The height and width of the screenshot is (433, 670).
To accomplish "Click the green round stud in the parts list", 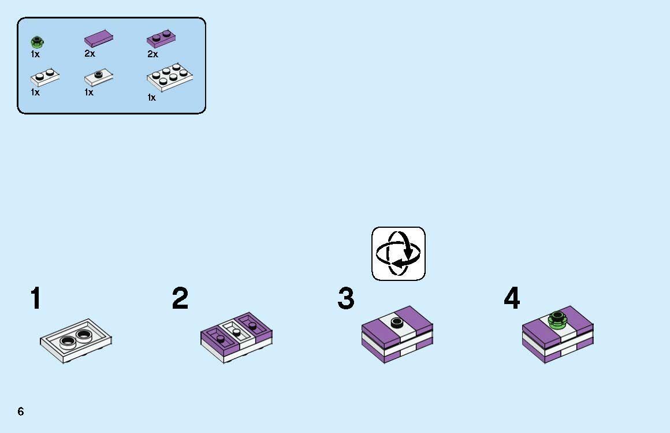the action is coord(37,42).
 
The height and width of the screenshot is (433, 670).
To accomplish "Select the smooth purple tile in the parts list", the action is coord(99,39).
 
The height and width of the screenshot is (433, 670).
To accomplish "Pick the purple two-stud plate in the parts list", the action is coord(161,39).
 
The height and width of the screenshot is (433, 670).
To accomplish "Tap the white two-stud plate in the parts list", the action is coord(45,77).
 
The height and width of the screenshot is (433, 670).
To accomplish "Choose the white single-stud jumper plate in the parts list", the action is coord(99,77).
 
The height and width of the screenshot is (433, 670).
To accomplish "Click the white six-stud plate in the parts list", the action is coord(170,77).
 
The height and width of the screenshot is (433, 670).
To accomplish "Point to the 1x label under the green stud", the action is coord(35,54).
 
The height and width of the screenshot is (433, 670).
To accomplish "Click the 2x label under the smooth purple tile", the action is coord(90,54).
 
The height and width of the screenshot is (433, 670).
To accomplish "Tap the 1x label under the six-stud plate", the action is coord(152,98).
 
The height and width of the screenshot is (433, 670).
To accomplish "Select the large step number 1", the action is coord(36,298).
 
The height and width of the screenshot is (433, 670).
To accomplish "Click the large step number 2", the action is coord(180,298).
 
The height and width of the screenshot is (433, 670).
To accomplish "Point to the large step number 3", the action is coord(346,298).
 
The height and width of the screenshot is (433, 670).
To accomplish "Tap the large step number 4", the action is coord(512,298).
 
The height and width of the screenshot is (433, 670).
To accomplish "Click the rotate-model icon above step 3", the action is coord(399,254).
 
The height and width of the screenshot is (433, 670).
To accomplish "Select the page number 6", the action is coord(21,412).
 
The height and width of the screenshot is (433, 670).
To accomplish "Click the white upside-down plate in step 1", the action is coord(76,341).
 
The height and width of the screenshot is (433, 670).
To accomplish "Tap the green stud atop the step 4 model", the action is coord(557,319).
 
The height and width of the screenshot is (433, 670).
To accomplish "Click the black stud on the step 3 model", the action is coord(397,322).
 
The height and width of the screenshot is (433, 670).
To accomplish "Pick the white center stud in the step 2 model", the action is coord(237,331).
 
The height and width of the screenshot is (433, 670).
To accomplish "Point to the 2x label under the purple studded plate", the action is coord(153,54).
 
